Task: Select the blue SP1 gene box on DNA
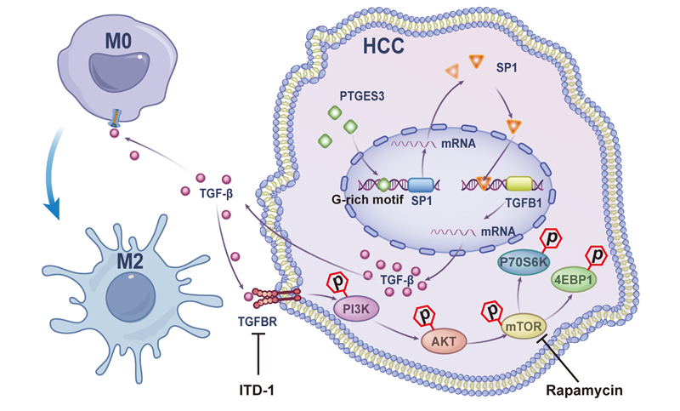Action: click(422, 186)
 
